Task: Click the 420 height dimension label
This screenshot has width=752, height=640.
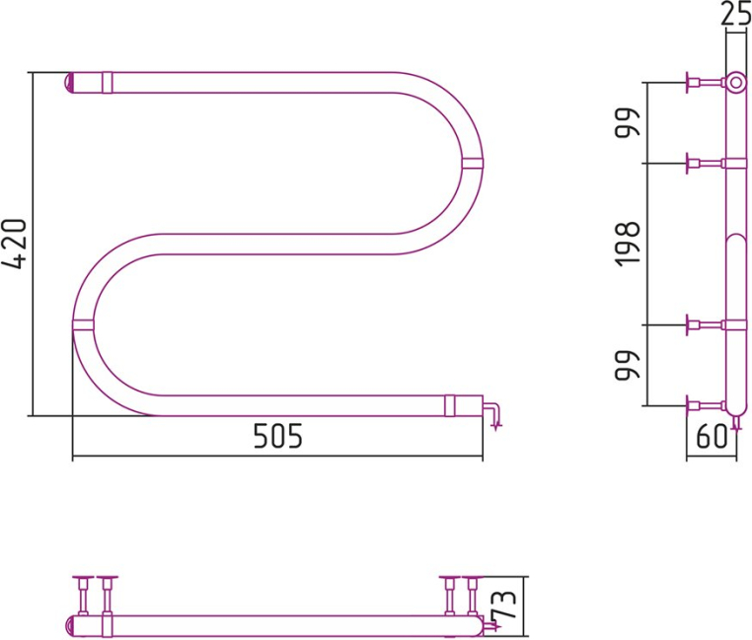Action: pyautogui.click(x=14, y=244)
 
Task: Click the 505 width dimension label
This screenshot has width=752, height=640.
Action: pyautogui.click(x=278, y=436)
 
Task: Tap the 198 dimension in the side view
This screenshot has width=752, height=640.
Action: pyautogui.click(x=628, y=245)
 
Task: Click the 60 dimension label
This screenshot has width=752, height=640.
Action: pyautogui.click(x=712, y=437)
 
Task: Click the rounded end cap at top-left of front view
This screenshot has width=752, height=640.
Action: pyautogui.click(x=68, y=83)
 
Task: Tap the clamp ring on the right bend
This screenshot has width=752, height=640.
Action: pyautogui.click(x=473, y=163)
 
